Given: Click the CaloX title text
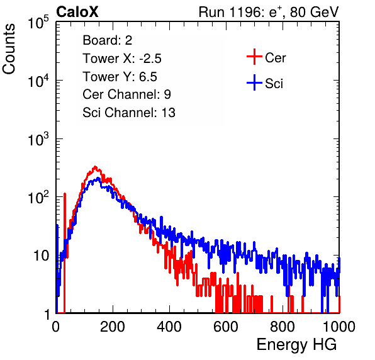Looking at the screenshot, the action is (77, 12).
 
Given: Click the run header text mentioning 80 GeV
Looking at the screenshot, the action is (269, 12).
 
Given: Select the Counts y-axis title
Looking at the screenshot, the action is (9, 48).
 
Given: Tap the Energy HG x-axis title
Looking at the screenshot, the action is (296, 345).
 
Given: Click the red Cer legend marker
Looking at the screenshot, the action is (254, 57).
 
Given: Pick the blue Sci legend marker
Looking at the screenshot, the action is (254, 83).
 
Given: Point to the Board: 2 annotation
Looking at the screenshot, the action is (108, 40).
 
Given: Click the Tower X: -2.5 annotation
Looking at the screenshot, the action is (122, 59).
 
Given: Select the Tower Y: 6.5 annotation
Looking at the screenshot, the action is (120, 77).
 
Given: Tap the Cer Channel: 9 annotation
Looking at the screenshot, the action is (126, 94).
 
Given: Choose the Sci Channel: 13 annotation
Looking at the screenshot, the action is (129, 113).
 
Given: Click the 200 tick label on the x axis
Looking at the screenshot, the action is (113, 327).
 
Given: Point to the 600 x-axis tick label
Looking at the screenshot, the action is (226, 327).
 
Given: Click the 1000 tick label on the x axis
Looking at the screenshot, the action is (339, 327).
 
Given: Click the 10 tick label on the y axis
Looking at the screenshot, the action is (41, 256).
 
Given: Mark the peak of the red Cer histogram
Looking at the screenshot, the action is (95, 167).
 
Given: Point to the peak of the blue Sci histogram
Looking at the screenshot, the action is (98, 178).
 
